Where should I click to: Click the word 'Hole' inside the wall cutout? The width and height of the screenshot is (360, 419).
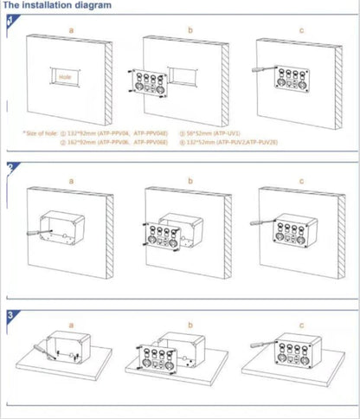[64, 76]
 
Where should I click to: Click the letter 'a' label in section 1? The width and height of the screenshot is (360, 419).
[70, 29]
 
